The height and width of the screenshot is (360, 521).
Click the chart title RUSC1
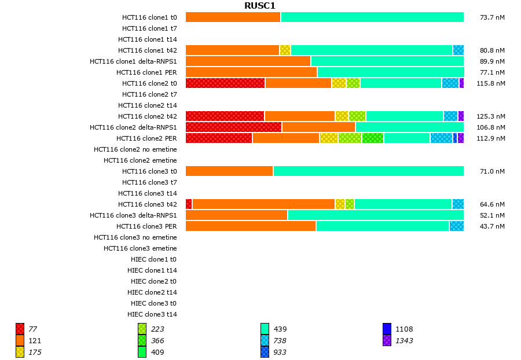[x=260, y=6]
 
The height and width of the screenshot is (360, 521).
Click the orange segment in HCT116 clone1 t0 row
[x=233, y=17]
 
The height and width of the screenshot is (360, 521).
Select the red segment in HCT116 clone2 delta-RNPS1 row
[x=233, y=127]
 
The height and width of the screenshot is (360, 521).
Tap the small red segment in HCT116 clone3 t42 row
[x=189, y=204]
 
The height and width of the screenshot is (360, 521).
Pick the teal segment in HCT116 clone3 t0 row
[x=368, y=171]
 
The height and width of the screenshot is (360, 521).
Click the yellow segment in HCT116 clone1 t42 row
[x=285, y=50]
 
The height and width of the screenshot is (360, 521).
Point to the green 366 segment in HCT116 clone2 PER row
[x=373, y=138]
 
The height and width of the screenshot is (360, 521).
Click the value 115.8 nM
[x=490, y=83]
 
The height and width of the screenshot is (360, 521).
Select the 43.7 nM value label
[x=492, y=226]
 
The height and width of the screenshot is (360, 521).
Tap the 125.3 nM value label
[x=490, y=116]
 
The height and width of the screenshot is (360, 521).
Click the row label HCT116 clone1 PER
[x=146, y=72]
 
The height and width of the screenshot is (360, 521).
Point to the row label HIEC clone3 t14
[x=152, y=314]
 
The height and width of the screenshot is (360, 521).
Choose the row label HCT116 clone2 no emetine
[x=135, y=149]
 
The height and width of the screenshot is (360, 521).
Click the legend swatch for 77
[x=20, y=329]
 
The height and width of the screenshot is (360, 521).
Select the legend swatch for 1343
[x=387, y=341]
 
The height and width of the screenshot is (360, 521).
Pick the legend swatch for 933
[x=265, y=352]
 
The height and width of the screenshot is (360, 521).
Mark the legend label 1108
[x=404, y=329]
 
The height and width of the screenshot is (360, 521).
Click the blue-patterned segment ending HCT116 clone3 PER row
[x=456, y=226]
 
